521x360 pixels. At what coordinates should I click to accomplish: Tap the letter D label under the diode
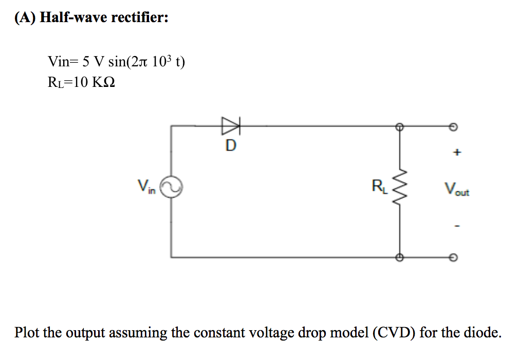[x=231, y=146]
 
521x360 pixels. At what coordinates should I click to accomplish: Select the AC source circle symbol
[x=171, y=189]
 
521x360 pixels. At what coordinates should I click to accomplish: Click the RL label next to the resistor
[x=379, y=186]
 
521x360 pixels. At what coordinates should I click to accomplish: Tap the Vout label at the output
[x=456, y=190]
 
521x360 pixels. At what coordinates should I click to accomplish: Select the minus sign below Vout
[x=455, y=225]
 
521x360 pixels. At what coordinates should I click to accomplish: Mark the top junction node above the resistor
[x=399, y=125]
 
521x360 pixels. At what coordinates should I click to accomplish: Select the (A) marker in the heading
[x=25, y=18]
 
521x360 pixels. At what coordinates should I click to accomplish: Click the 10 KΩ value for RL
[x=93, y=82]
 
